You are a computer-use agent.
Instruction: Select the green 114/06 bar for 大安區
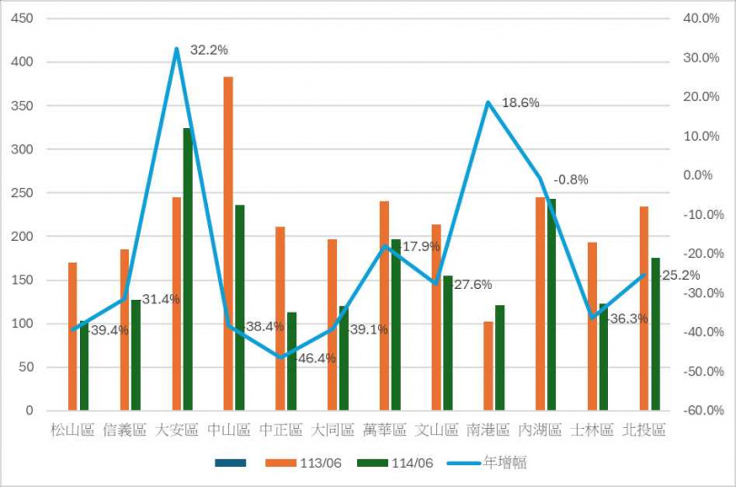(188, 269)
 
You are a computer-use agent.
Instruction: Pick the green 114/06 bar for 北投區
(655, 334)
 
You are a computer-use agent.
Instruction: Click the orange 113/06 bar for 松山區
(73, 336)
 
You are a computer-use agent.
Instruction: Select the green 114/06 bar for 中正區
(292, 362)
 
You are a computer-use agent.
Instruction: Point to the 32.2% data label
(210, 50)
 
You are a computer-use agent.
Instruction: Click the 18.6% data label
(521, 103)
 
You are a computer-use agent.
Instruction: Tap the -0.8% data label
(571, 180)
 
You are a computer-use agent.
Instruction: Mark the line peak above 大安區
(176, 49)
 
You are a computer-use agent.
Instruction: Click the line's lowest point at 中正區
(281, 357)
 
